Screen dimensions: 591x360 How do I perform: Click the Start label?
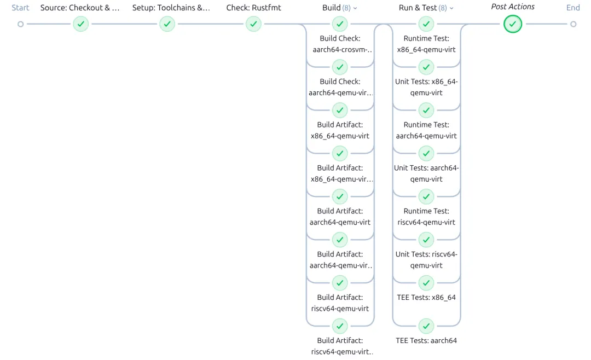(x=20, y=8)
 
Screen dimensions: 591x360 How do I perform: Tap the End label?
(x=573, y=8)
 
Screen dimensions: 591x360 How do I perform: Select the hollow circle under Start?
(x=20, y=24)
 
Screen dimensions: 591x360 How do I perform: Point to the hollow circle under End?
(x=573, y=24)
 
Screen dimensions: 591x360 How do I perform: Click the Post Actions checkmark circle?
(x=513, y=24)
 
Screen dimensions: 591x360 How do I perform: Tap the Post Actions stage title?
(x=513, y=7)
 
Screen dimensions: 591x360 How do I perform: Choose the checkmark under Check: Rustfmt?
(x=253, y=24)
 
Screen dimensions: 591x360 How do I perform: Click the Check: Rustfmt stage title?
(x=253, y=8)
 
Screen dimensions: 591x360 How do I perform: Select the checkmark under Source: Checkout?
(x=80, y=24)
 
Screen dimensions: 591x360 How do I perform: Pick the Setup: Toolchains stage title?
(x=171, y=8)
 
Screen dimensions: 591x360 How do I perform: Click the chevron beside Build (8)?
(x=355, y=8)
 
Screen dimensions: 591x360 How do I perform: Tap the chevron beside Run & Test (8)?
(x=451, y=8)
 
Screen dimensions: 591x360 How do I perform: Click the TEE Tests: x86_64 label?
(x=426, y=298)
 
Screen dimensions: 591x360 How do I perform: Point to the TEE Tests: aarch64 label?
(x=426, y=340)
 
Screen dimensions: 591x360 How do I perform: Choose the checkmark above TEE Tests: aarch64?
(x=426, y=326)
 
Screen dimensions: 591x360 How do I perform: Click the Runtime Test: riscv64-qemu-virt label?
(x=426, y=216)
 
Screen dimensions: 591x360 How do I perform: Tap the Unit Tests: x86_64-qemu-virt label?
(x=426, y=87)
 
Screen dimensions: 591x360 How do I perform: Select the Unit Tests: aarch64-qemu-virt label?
(x=426, y=173)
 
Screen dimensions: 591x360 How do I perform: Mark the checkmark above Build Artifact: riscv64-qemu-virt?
(x=340, y=283)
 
